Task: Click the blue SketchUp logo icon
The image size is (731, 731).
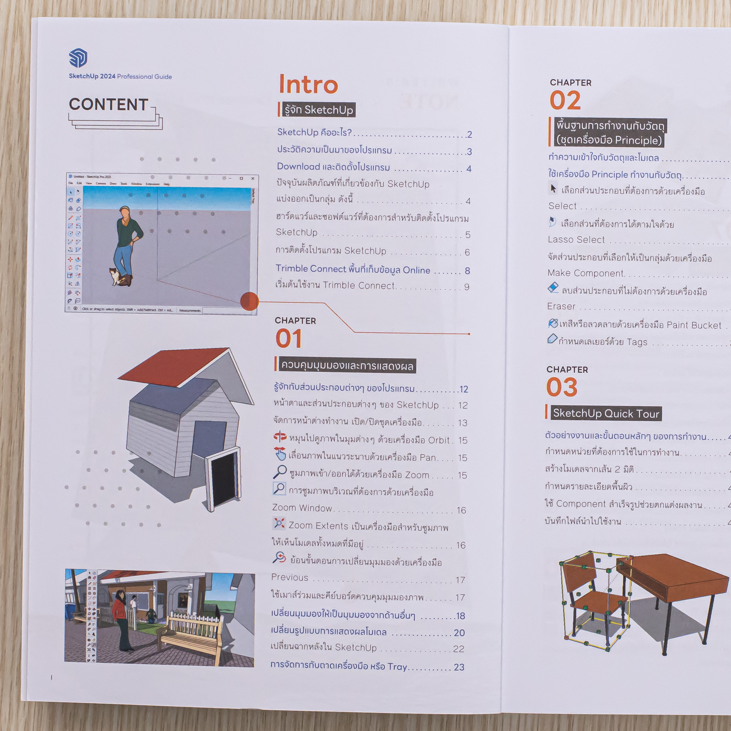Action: point(78,58)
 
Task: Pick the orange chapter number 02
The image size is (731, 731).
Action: point(565,101)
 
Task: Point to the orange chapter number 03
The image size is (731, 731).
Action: point(562,387)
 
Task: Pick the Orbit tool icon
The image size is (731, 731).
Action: point(280,437)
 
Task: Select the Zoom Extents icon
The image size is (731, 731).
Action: point(279,524)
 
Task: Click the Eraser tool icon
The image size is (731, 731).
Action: point(553,288)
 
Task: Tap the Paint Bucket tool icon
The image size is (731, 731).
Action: point(553,323)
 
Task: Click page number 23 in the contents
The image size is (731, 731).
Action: point(459,667)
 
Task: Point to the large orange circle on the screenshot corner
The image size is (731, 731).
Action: point(249,301)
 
